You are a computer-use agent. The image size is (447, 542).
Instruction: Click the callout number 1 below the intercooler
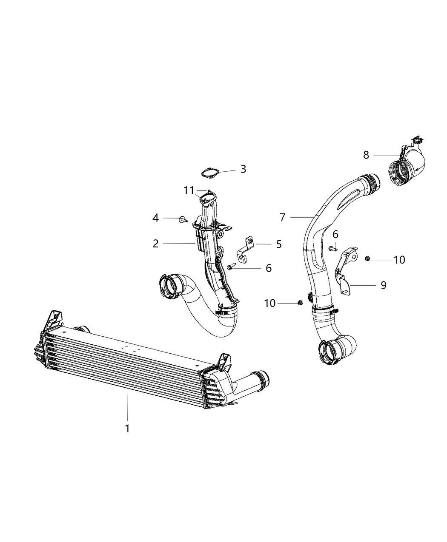pyautogui.click(x=127, y=428)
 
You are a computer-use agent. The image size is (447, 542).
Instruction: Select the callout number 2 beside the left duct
pyautogui.click(x=156, y=244)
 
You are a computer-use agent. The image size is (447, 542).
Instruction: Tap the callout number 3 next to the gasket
pyautogui.click(x=243, y=169)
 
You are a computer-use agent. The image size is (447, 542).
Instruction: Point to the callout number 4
pyautogui.click(x=156, y=218)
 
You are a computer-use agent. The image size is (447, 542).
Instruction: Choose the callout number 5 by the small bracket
pyautogui.click(x=279, y=244)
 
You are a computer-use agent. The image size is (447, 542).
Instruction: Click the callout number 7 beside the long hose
pyautogui.click(x=282, y=218)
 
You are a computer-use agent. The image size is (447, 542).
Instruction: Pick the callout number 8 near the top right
pyautogui.click(x=366, y=155)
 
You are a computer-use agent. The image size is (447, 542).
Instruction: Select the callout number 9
pyautogui.click(x=383, y=285)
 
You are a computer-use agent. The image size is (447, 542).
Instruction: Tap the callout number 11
pyautogui.click(x=189, y=191)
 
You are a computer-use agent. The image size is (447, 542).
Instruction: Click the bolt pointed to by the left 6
pyautogui.click(x=230, y=267)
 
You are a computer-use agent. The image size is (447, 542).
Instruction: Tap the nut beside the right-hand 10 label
pyautogui.click(x=367, y=258)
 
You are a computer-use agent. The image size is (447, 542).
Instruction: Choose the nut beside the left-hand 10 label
pyautogui.click(x=300, y=302)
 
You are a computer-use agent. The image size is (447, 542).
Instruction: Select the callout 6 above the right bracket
pyautogui.click(x=335, y=234)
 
